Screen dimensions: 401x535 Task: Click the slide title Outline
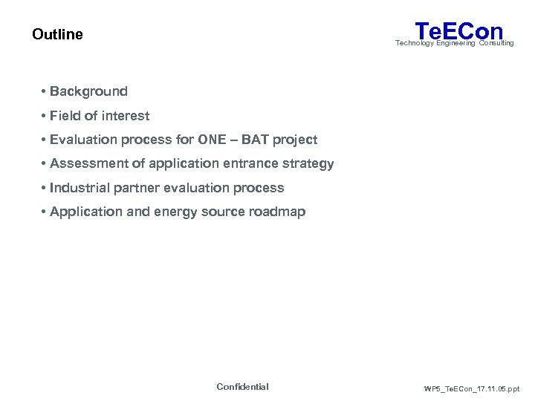coord(57,34)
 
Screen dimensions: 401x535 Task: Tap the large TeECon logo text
coord(459,30)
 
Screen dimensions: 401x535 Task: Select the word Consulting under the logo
coord(496,43)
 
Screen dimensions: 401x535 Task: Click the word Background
coord(88,91)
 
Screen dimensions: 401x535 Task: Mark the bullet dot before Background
coord(45,91)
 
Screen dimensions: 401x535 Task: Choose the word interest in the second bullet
coord(126,116)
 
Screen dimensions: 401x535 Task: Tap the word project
coord(296,140)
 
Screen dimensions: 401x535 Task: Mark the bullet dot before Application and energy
coord(45,212)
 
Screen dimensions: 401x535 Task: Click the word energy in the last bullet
coord(177,212)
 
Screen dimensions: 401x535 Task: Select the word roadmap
coord(276,212)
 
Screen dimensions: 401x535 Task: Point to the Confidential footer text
coord(242,387)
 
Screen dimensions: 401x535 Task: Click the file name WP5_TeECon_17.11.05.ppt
coord(471,388)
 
